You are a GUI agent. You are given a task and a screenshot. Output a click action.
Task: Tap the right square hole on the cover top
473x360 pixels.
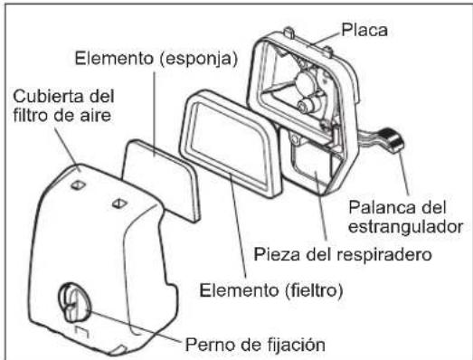tap(116, 205)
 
